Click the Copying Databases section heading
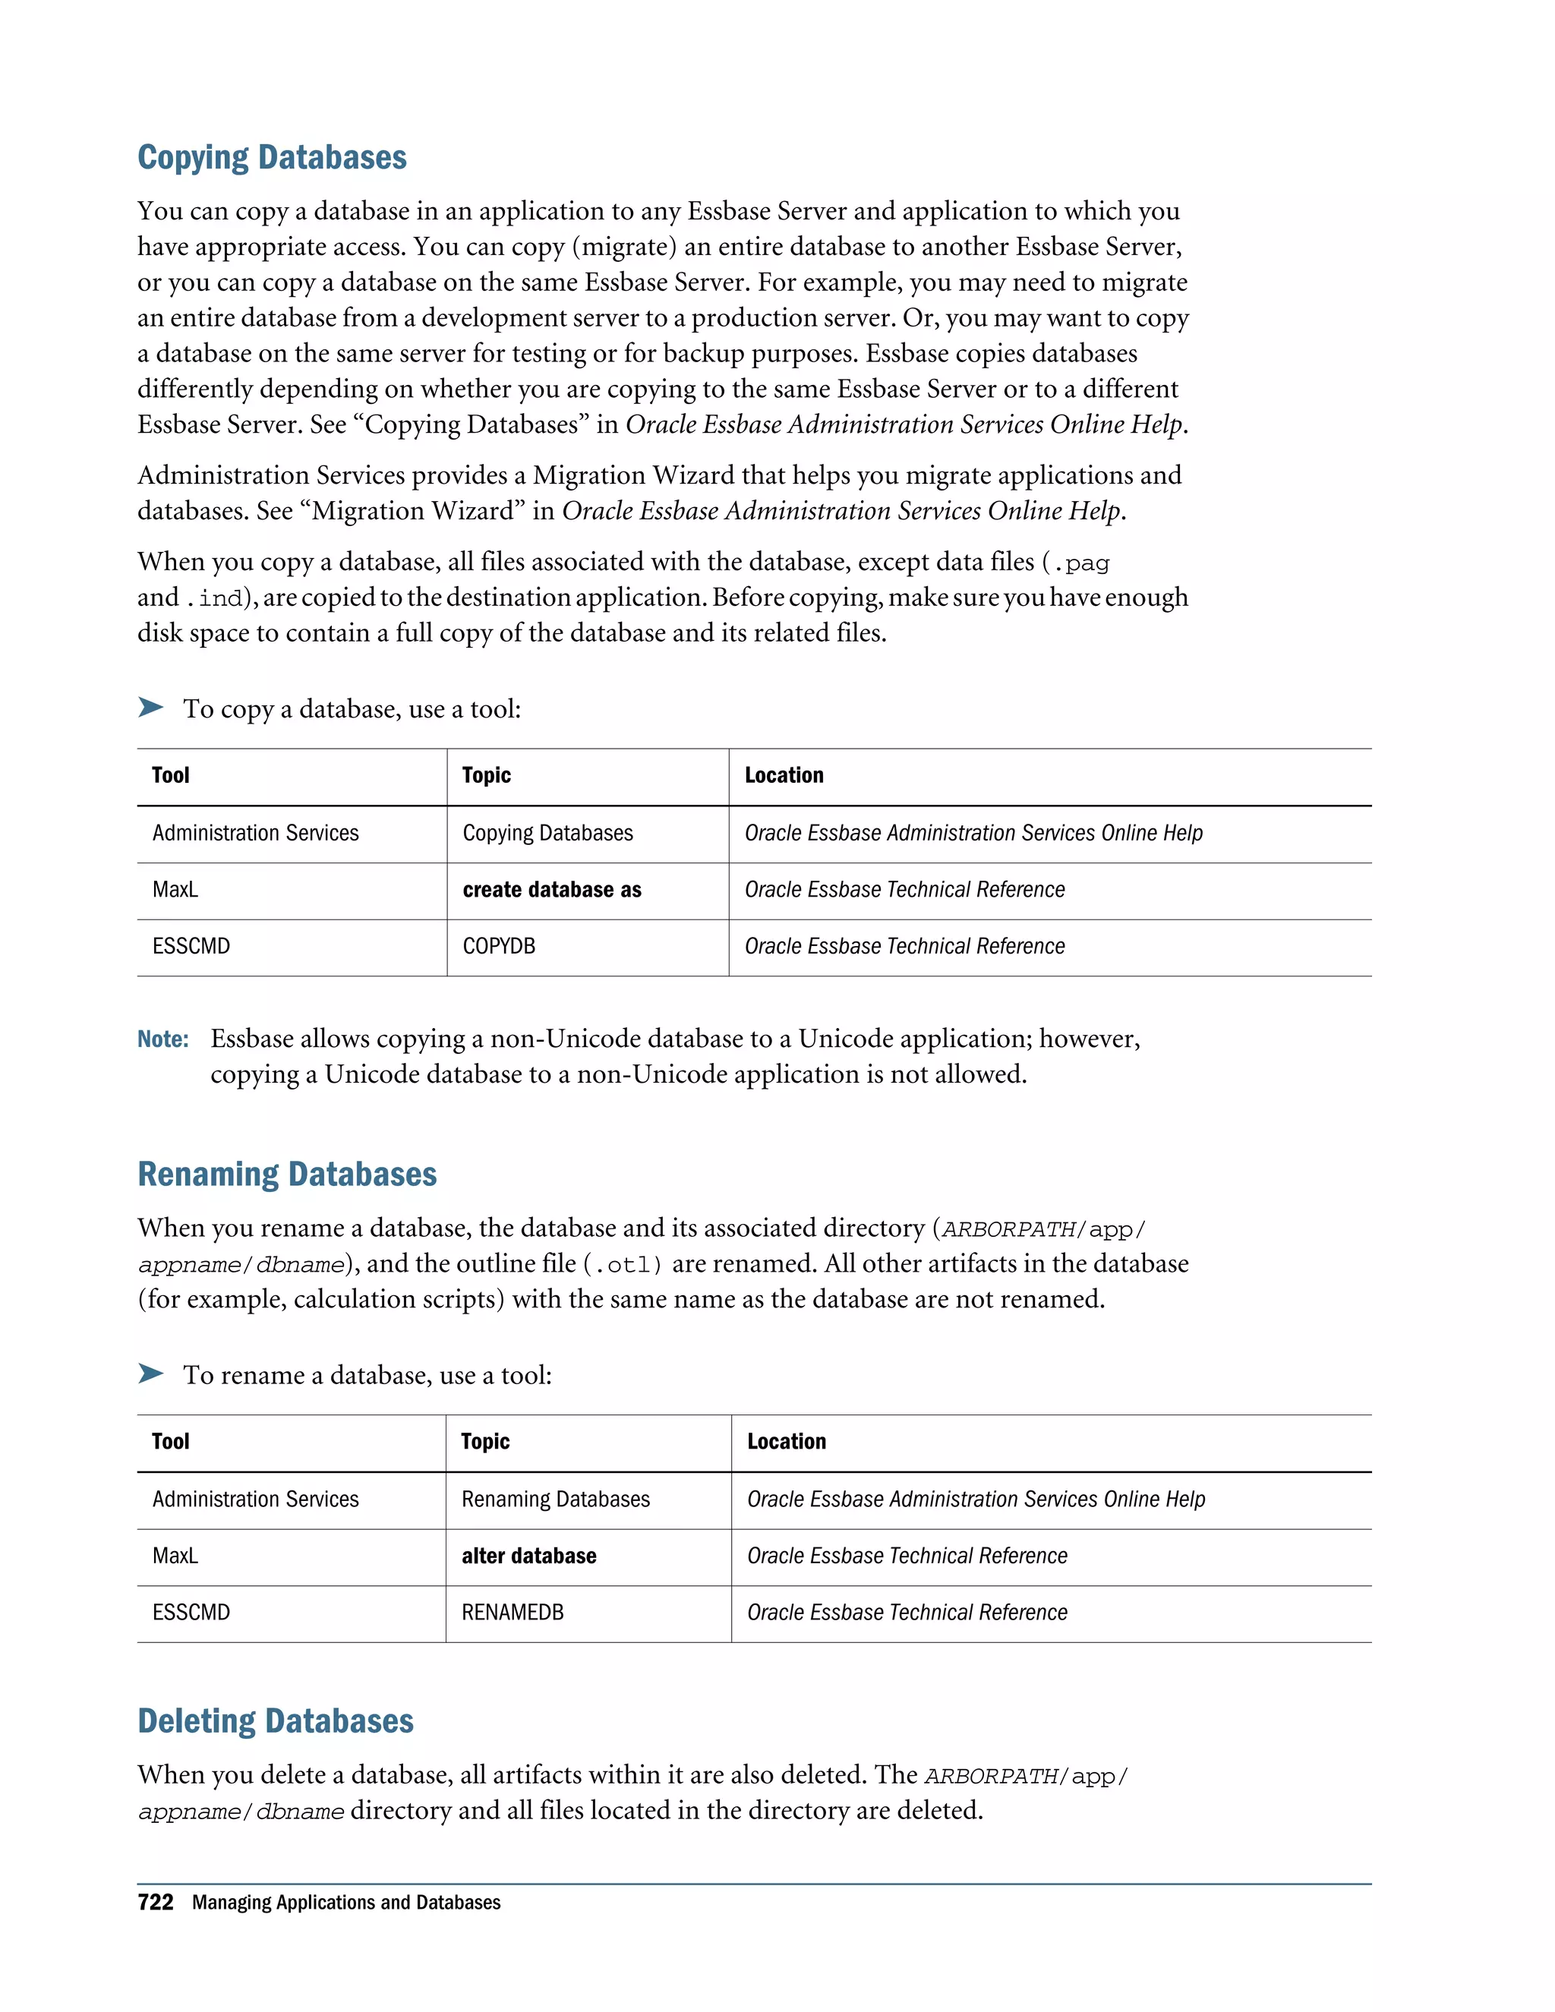click(x=272, y=157)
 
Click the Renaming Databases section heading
click(x=286, y=1175)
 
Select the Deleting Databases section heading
click(x=276, y=1721)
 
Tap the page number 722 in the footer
click(x=155, y=1903)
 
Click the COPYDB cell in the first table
click(x=498, y=946)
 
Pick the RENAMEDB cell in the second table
click(x=513, y=1612)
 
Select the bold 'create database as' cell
click(x=552, y=890)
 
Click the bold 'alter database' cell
click(x=528, y=1556)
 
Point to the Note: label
click(x=163, y=1039)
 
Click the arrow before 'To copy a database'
click(x=150, y=708)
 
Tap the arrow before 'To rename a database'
click(x=150, y=1373)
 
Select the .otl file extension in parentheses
click(x=622, y=1265)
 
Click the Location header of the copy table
click(x=784, y=776)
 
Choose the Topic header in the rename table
click(x=485, y=1442)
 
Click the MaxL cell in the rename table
click(x=175, y=1556)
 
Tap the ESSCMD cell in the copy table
click(x=191, y=946)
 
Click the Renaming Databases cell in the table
click(x=556, y=1499)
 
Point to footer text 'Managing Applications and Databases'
click(x=346, y=1903)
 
